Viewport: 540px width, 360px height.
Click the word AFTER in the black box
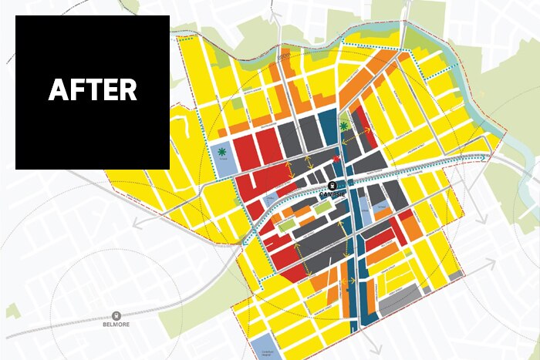(x=93, y=90)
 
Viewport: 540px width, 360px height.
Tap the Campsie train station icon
(x=332, y=186)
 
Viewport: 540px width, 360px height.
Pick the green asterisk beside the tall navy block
(x=343, y=126)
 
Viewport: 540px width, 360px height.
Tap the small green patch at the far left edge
(x=11, y=311)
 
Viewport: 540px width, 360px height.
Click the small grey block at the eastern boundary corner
(x=455, y=274)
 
